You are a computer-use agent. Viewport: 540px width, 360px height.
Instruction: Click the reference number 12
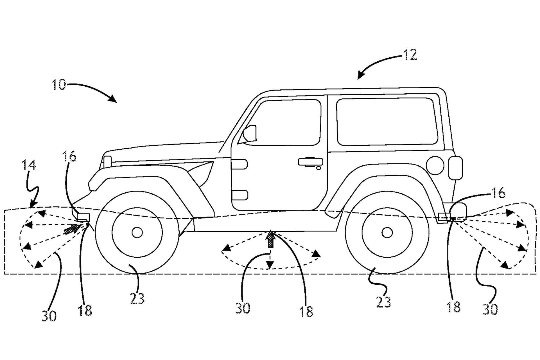coord(410,55)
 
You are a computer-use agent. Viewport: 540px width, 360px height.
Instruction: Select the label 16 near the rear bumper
coord(499,193)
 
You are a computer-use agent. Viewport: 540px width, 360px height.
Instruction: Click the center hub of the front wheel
coord(137,233)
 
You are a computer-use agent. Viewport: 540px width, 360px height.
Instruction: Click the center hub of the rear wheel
coord(387,233)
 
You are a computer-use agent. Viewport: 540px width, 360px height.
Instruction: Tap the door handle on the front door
coord(310,162)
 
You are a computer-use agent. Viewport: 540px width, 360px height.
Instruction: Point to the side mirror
coord(250,133)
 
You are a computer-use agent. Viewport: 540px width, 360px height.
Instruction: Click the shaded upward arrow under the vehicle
coord(270,239)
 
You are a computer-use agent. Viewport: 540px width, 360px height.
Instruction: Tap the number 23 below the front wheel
coord(137,298)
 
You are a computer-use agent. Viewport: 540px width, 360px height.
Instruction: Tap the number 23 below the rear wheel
coord(384,302)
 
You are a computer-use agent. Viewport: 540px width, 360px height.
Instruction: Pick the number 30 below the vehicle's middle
coord(243,308)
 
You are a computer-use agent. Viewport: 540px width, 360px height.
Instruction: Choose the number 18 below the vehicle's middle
coord(306,312)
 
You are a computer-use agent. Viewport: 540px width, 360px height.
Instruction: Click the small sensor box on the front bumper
coord(83,217)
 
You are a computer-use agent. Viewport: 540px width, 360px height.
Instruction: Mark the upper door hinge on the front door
coord(240,164)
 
